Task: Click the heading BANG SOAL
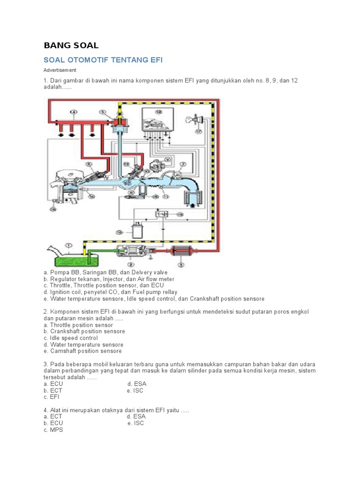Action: coord(71,45)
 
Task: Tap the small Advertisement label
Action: coord(60,70)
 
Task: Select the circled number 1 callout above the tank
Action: coord(68,245)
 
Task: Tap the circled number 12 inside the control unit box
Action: coord(158,112)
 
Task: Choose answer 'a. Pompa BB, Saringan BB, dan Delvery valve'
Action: coord(105,272)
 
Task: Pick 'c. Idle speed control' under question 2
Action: coord(70,338)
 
